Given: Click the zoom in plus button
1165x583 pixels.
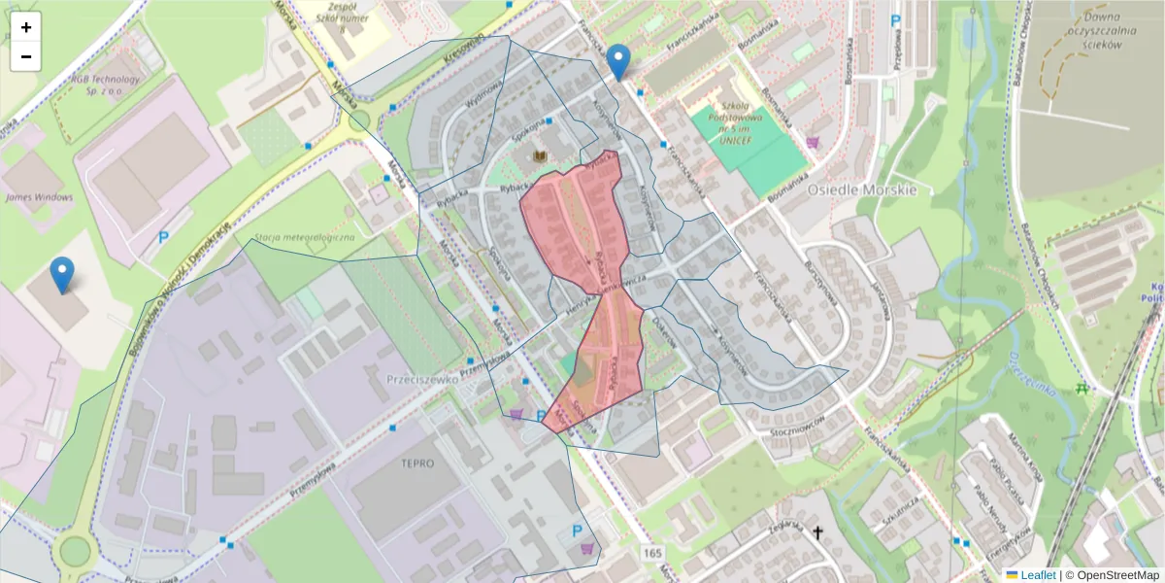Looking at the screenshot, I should tap(26, 27).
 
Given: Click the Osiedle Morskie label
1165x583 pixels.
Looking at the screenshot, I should tap(862, 189).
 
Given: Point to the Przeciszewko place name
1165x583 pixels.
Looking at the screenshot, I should tap(421, 380).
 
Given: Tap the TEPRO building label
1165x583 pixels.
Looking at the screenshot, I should tap(416, 463).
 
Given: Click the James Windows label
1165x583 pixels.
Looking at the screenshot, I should tap(39, 197).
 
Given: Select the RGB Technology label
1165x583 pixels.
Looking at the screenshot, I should tap(106, 85).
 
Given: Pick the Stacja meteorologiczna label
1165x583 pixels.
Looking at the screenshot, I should tap(304, 236).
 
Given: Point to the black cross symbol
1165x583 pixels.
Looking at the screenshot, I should tap(817, 532).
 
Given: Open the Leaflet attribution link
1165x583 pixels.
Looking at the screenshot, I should tap(1037, 575).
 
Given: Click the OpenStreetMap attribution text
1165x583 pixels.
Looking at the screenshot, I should tap(1116, 575).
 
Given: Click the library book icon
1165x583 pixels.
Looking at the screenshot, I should tap(541, 156).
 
